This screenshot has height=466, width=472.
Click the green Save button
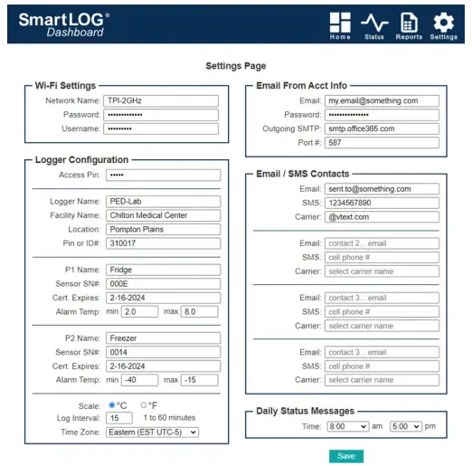346,456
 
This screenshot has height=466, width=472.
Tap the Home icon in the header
340,24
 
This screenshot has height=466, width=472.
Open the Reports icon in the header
409,24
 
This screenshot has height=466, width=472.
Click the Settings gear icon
443,24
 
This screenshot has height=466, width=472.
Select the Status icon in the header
374,24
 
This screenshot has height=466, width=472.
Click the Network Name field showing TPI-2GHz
161,101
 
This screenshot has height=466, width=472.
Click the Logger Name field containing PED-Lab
163,202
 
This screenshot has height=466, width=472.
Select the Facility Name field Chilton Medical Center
163,215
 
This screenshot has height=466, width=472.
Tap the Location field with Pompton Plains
163,229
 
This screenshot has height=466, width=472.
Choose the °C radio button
112,404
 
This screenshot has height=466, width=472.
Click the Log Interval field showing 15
119,418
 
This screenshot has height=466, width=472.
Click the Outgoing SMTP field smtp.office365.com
382,128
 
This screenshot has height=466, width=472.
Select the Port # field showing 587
382,142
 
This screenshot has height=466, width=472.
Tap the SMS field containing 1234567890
382,203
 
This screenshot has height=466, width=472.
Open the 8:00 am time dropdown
346,424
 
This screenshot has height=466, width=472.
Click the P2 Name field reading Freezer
163,338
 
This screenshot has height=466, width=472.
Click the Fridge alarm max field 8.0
199,311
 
